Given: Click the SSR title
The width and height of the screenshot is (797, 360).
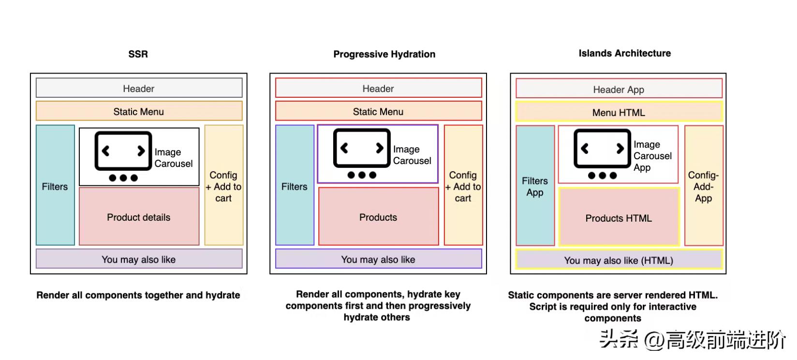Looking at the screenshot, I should pos(138,54).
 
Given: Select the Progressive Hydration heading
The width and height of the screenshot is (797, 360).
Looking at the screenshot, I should pos(384,54).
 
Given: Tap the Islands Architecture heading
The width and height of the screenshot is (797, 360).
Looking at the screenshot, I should pos(624,53).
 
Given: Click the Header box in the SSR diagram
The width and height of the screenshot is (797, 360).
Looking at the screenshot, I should pos(139,89).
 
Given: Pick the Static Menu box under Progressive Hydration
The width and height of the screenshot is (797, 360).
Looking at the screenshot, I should pos(378,112).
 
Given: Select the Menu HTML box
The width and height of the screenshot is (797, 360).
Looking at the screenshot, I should pos(619,113).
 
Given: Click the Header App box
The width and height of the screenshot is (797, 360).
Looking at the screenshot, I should pos(619,90).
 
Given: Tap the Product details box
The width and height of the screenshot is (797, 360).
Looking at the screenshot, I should pos(139,217).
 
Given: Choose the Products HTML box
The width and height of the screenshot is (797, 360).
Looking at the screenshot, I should pos(619,218).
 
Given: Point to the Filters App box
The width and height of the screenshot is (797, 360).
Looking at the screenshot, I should pos(535,186).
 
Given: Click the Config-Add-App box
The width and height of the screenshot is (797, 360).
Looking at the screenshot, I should pos(703,186).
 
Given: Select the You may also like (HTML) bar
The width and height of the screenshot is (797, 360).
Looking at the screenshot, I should pos(619,260).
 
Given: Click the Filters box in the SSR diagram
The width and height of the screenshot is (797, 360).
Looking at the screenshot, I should pos(55,186).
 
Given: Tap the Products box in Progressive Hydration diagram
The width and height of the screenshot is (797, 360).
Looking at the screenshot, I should pos(378,217).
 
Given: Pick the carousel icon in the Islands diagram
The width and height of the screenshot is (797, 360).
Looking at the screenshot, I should pos(602,153).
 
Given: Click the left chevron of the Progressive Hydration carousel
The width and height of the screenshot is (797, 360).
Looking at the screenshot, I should pos(344,148).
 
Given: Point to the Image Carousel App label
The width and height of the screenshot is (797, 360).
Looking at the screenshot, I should pos(652,156).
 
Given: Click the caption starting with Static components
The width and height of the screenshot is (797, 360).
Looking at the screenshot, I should pos(613,306).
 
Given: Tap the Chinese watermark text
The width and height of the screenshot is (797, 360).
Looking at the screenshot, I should pos(692,340).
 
